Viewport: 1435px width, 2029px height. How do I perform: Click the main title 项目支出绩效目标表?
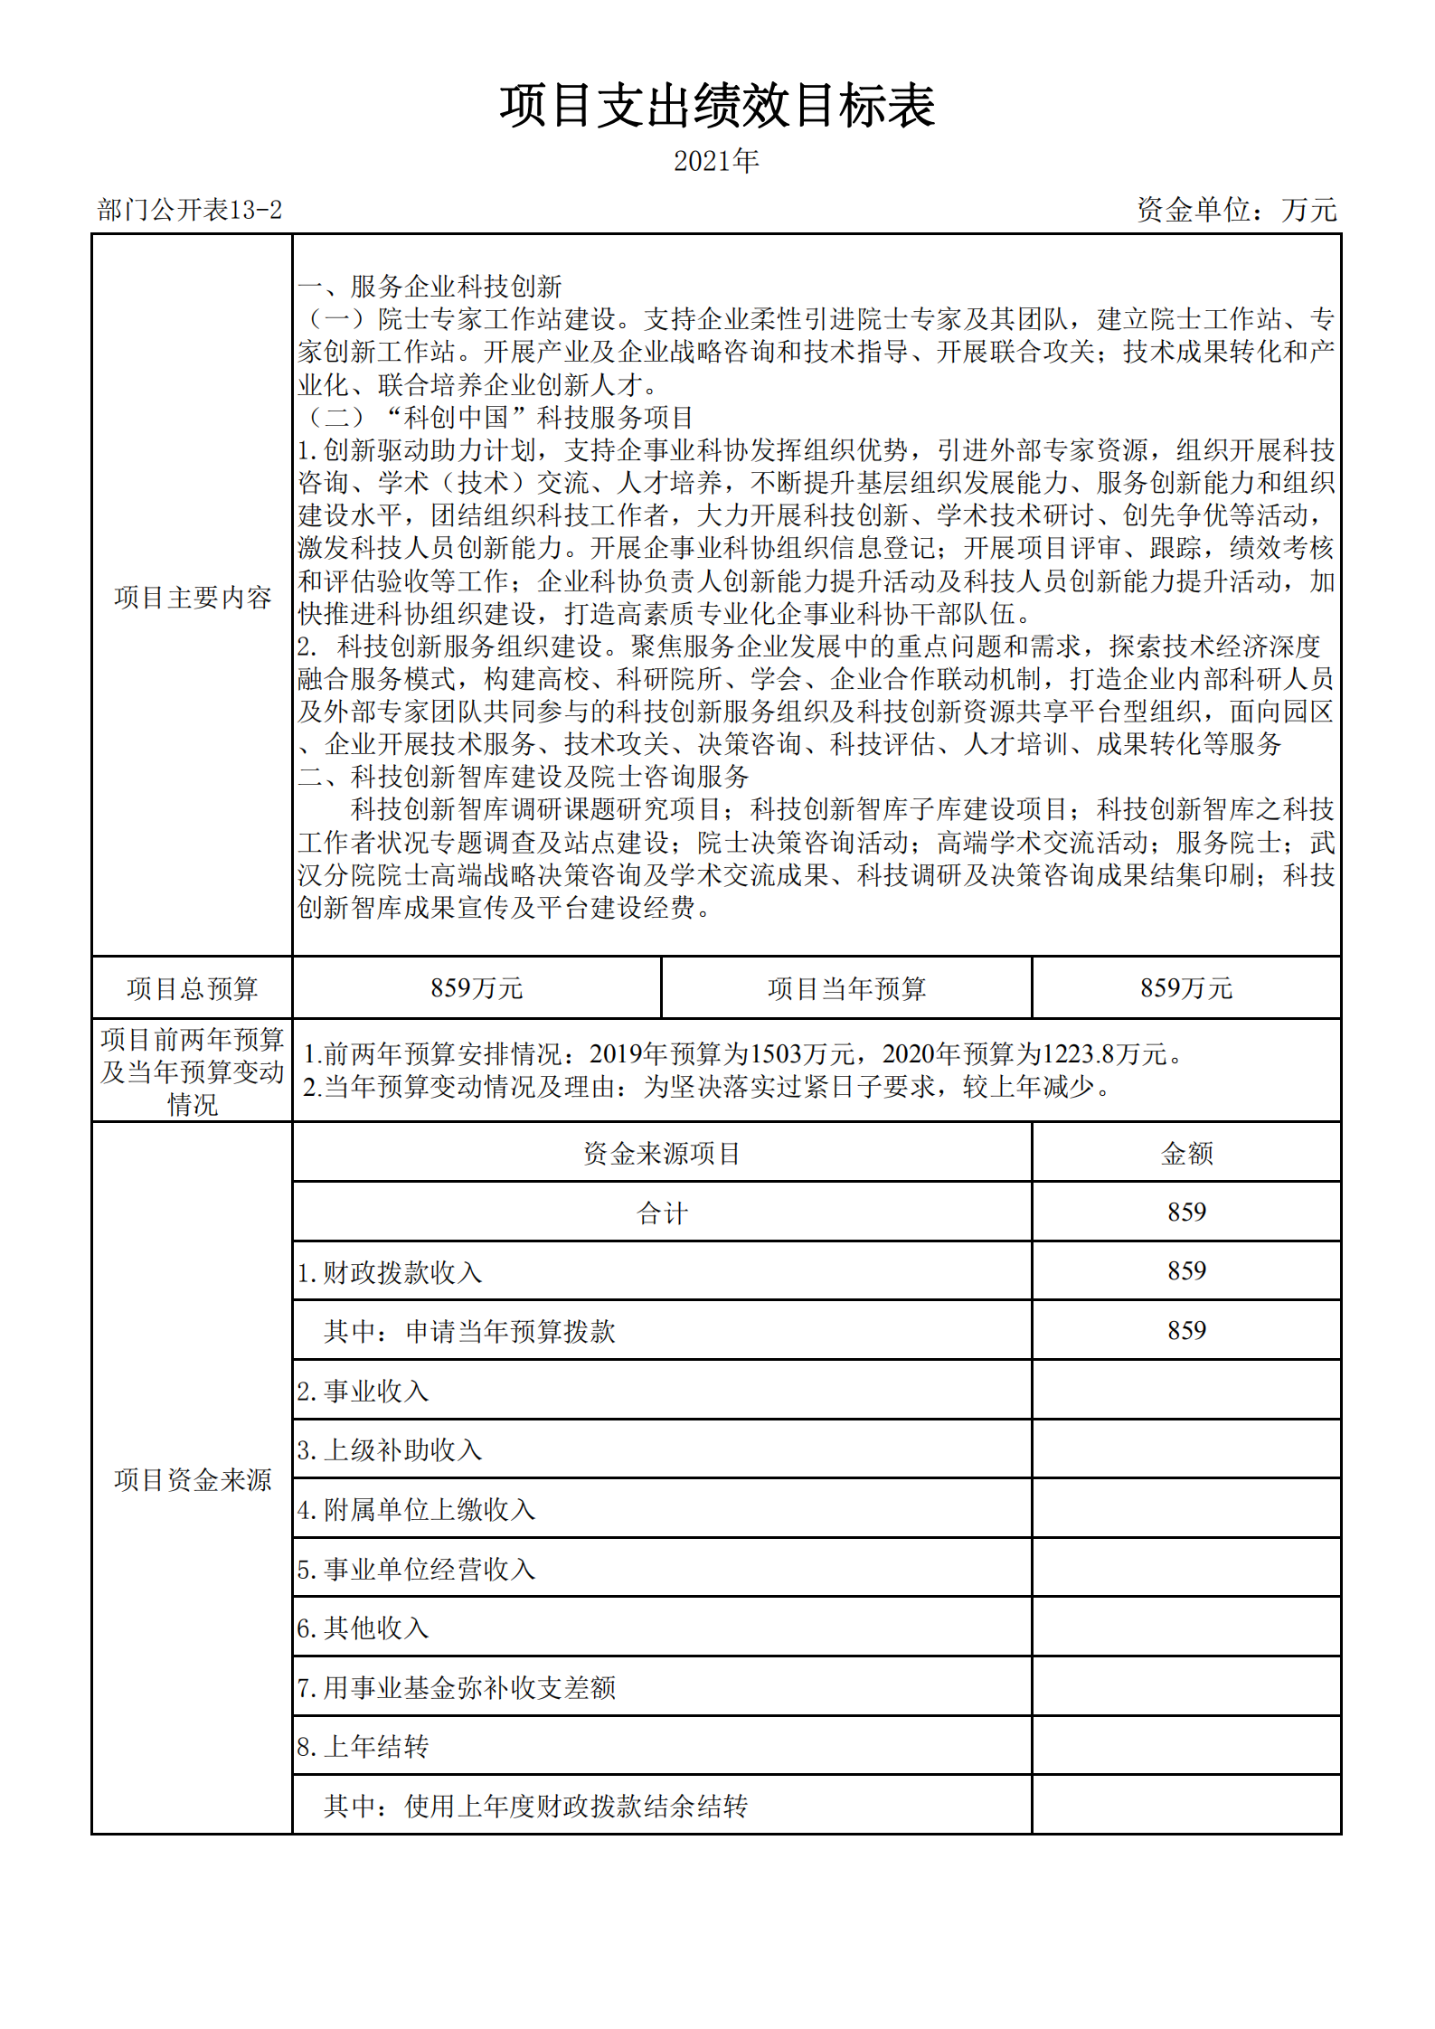tap(717, 106)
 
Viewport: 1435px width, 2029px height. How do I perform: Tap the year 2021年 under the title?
tap(716, 161)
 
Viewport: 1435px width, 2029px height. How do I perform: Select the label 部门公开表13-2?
tap(190, 211)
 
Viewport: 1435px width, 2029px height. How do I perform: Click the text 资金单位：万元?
tap(1236, 211)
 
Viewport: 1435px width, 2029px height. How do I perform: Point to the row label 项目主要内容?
tap(193, 598)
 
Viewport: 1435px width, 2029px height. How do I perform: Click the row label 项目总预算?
tap(193, 988)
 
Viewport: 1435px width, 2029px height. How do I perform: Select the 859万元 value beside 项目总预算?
tap(477, 988)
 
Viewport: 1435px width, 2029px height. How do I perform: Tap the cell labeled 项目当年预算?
tap(846, 988)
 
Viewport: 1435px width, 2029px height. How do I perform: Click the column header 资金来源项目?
tap(662, 1153)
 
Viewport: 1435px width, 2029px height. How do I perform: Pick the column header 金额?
tap(1186, 1153)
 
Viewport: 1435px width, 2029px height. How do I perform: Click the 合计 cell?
tap(662, 1213)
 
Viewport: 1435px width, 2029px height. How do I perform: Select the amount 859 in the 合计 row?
tap(1186, 1213)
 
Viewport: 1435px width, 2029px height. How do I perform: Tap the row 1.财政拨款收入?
tap(390, 1272)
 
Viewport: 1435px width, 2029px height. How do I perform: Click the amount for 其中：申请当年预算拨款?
tap(1186, 1331)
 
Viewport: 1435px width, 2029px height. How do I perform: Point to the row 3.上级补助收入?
tap(390, 1450)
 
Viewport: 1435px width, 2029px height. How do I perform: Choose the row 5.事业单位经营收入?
tap(416, 1569)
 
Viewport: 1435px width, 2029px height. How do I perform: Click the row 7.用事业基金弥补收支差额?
tap(457, 1687)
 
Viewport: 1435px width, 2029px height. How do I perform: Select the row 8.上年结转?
tap(363, 1747)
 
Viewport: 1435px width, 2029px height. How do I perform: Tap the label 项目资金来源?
tap(193, 1479)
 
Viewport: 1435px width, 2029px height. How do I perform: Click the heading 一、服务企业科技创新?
tap(430, 287)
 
